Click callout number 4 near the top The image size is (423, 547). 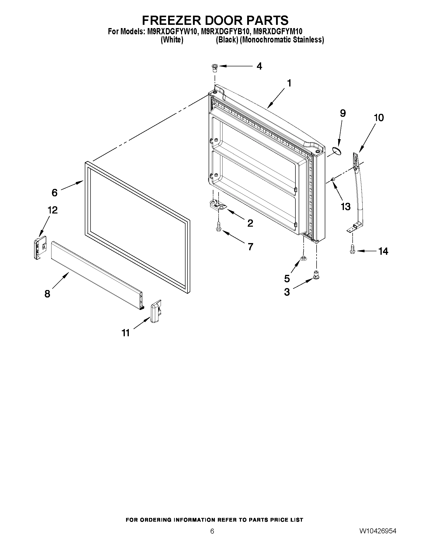pos(259,66)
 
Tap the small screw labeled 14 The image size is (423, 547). pos(352,250)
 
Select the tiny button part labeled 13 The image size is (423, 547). pos(333,179)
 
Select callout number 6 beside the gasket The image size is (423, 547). pos(54,193)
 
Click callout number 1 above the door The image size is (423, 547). pos(289,83)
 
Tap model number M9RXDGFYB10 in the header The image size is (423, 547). pos(225,31)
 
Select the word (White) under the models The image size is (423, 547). pos(172,40)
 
